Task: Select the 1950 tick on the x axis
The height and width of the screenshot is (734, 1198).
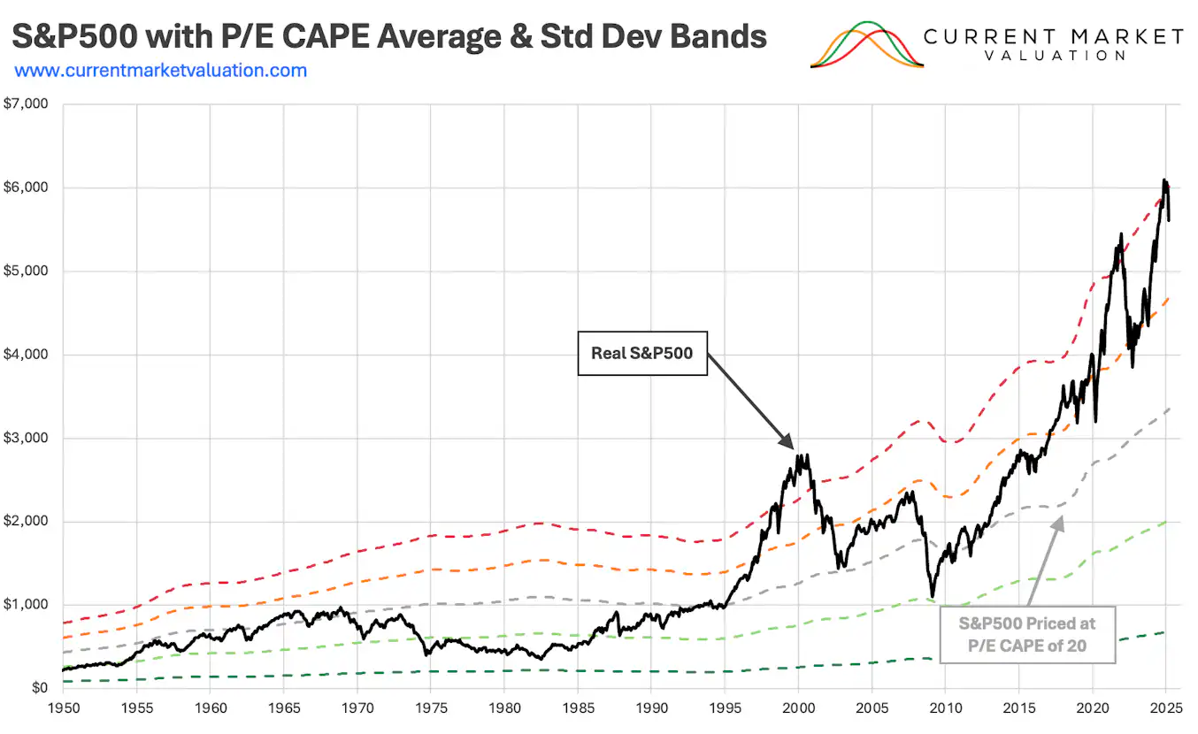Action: click(x=63, y=708)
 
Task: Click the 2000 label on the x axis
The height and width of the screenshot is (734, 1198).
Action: click(x=798, y=708)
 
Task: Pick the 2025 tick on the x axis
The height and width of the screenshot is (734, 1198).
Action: click(x=1165, y=708)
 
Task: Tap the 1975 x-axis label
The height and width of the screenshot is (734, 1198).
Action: click(x=430, y=708)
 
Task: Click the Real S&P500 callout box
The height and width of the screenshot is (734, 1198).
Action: click(x=642, y=353)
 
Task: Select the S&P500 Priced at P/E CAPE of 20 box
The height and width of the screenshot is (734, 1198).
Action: click(x=1027, y=634)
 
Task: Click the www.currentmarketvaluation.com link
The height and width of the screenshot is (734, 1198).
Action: click(x=161, y=70)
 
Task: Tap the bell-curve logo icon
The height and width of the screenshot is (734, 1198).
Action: click(x=867, y=45)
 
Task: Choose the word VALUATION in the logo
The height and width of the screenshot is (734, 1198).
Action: click(x=1055, y=55)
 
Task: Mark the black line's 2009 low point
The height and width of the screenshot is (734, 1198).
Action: click(x=932, y=596)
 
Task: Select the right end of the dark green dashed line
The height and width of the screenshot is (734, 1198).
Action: click(x=1164, y=631)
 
